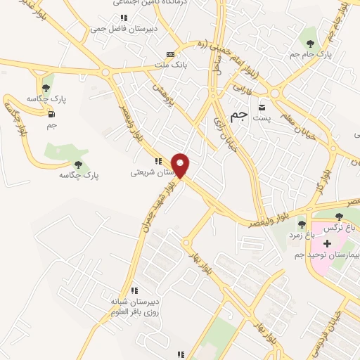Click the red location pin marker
click(181, 165)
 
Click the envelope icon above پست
click(262, 108)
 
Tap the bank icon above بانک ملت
click(169, 54)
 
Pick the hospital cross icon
click(328, 243)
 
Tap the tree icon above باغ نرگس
click(340, 216)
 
